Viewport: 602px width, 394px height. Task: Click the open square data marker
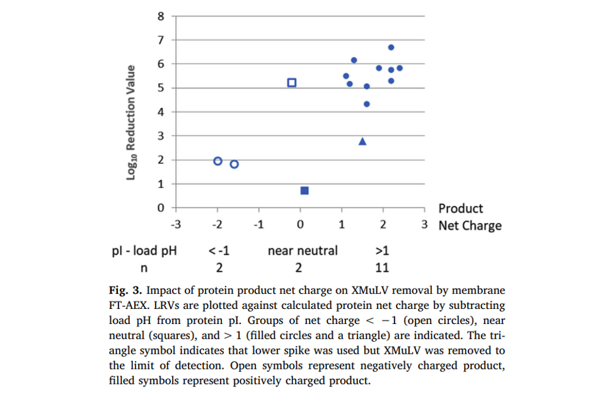[292, 83]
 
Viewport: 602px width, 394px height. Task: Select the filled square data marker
[304, 190]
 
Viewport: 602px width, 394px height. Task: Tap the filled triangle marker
[362, 141]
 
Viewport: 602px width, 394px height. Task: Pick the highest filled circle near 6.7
[391, 47]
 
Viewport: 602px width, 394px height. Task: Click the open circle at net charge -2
[218, 161]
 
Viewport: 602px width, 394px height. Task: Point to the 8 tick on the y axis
[161, 16]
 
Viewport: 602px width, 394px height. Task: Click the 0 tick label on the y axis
[161, 207]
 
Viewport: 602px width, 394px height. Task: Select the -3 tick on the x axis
[177, 225]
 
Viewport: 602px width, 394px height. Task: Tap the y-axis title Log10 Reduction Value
[131, 122]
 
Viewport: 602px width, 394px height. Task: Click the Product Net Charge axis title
[470, 217]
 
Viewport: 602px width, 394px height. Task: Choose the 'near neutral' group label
[303, 250]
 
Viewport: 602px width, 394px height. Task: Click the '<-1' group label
[219, 250]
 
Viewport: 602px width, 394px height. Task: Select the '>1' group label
[382, 250]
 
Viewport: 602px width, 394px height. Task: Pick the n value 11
[382, 268]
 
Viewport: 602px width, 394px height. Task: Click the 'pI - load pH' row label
[144, 250]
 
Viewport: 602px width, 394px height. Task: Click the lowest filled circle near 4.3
[367, 104]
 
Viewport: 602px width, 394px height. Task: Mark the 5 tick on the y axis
[161, 88]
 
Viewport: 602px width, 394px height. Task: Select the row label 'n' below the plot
[143, 268]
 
